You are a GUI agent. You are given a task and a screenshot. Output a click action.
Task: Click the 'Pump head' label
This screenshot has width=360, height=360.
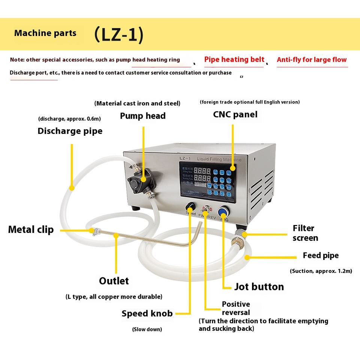[x=142, y=116]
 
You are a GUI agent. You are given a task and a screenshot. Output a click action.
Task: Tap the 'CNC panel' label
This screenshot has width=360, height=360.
[x=235, y=114]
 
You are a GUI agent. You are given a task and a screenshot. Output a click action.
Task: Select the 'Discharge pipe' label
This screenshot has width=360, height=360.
[x=70, y=131]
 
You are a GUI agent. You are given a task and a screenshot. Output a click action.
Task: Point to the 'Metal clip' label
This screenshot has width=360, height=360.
[x=31, y=229]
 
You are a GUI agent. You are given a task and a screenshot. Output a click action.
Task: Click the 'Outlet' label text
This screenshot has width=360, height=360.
[x=114, y=281]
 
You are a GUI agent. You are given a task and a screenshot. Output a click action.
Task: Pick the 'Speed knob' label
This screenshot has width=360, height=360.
[x=147, y=313]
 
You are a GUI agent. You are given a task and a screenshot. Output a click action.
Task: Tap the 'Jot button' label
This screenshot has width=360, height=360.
[x=259, y=287]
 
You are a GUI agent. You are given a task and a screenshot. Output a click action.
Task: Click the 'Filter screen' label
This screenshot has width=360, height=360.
[x=305, y=233]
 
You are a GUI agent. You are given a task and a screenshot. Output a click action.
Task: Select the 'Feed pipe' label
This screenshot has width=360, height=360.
[x=321, y=255]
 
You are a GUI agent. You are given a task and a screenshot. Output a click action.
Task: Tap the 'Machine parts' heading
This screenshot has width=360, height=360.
[x=45, y=33]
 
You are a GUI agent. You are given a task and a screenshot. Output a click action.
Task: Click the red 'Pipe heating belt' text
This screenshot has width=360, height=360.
[x=234, y=60]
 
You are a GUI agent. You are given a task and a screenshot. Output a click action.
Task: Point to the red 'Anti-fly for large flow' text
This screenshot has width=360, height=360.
[x=312, y=60]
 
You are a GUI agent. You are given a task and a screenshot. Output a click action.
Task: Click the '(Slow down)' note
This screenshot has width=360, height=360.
[x=147, y=329]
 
